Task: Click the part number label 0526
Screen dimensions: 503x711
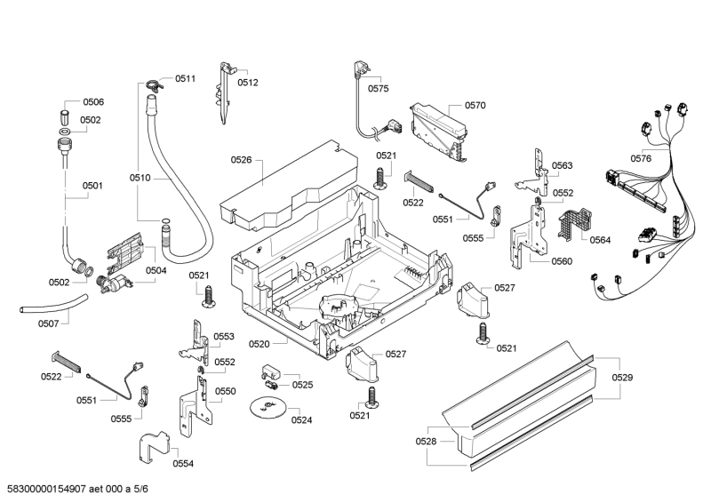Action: click(241, 160)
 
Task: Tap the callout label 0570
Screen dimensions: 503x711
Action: click(475, 106)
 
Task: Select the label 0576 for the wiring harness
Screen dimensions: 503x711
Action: click(642, 158)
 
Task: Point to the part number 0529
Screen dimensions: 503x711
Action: click(622, 379)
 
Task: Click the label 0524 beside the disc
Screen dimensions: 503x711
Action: click(301, 420)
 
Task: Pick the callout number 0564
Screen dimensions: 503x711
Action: click(601, 239)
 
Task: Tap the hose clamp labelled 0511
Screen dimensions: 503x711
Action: click(153, 85)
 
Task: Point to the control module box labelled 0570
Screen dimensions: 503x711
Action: click(439, 126)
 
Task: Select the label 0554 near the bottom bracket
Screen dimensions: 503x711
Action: click(183, 463)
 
